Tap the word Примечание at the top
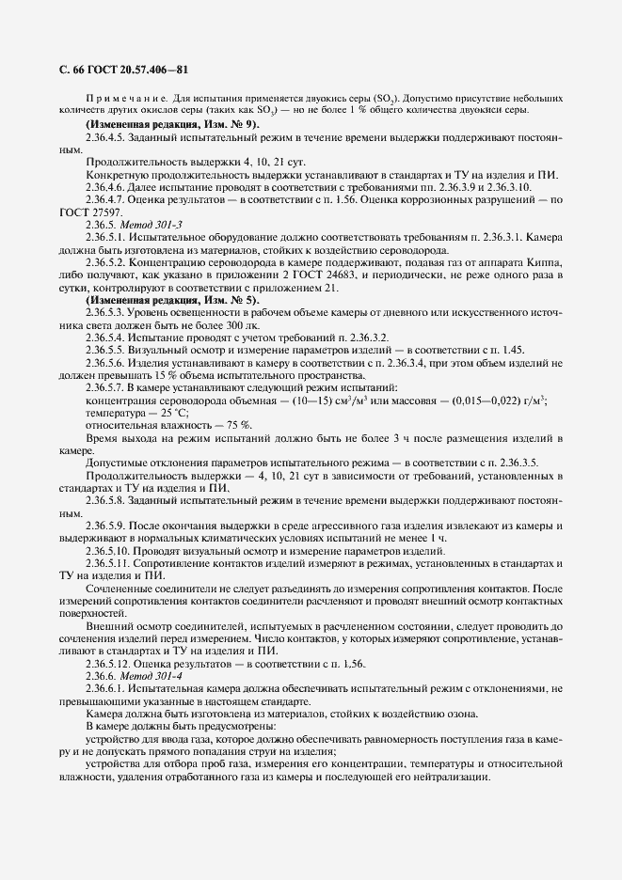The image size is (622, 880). coord(117,98)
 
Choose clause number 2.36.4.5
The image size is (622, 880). coord(110,137)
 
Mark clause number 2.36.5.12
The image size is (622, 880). coord(113,663)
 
